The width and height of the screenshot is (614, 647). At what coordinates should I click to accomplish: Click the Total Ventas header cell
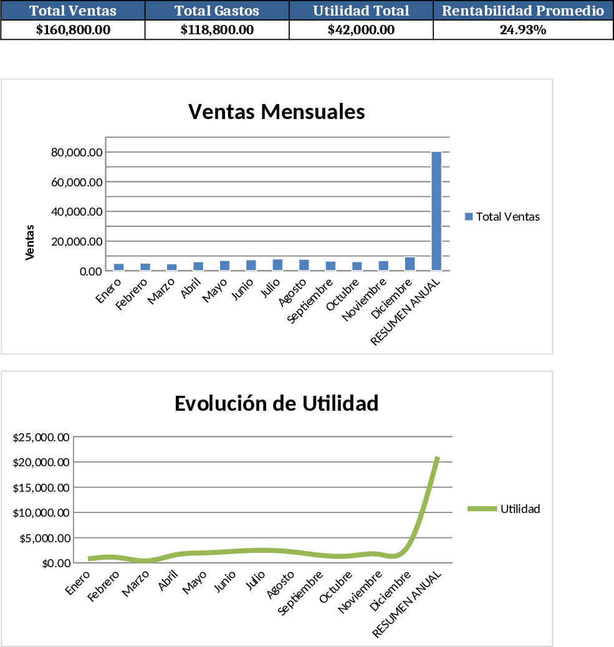73,11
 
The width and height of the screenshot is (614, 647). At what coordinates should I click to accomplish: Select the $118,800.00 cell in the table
217,30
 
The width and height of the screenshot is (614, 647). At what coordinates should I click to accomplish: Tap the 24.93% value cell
523,30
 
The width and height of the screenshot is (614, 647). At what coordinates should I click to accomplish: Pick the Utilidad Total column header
361,11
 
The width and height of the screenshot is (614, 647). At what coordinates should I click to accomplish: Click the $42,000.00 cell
361,30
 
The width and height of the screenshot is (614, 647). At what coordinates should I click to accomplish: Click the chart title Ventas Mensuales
276,112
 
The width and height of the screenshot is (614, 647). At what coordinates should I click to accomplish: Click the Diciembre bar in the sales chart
410,264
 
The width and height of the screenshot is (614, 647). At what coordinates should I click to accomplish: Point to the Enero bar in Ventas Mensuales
118,267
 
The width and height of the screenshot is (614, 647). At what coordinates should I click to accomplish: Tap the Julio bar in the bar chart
277,265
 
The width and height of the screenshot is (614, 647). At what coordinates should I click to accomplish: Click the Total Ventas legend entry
502,216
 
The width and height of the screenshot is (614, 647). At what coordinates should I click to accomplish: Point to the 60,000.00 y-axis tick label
77,182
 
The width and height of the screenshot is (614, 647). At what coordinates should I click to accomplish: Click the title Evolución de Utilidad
276,403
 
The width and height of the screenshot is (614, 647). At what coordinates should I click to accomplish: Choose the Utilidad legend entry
504,509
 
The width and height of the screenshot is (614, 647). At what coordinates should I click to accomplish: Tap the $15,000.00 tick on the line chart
41,487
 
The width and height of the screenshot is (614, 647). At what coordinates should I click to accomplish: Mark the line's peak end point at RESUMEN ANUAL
438,458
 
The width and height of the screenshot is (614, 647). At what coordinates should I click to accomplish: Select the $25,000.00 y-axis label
41,437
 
